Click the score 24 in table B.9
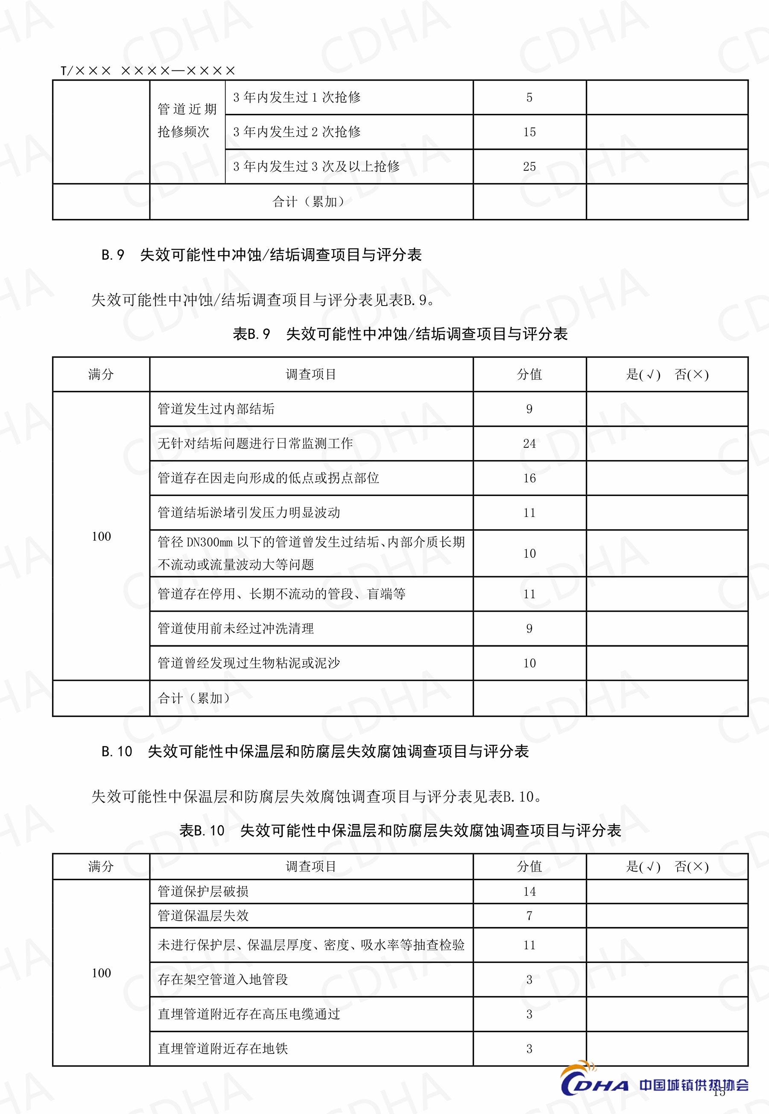tap(529, 443)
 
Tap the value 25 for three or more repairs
tap(529, 166)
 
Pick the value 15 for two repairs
tap(529, 132)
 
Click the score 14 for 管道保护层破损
tap(529, 892)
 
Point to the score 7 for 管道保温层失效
tap(529, 916)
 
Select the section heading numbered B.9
tap(262, 255)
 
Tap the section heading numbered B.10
tap(315, 751)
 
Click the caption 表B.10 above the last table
tap(400, 830)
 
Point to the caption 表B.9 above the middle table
tap(400, 334)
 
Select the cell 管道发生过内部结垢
tap(216, 409)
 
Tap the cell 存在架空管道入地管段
tap(222, 979)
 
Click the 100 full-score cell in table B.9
tap(101, 537)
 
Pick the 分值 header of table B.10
tap(529, 866)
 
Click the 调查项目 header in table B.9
tap(311, 374)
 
